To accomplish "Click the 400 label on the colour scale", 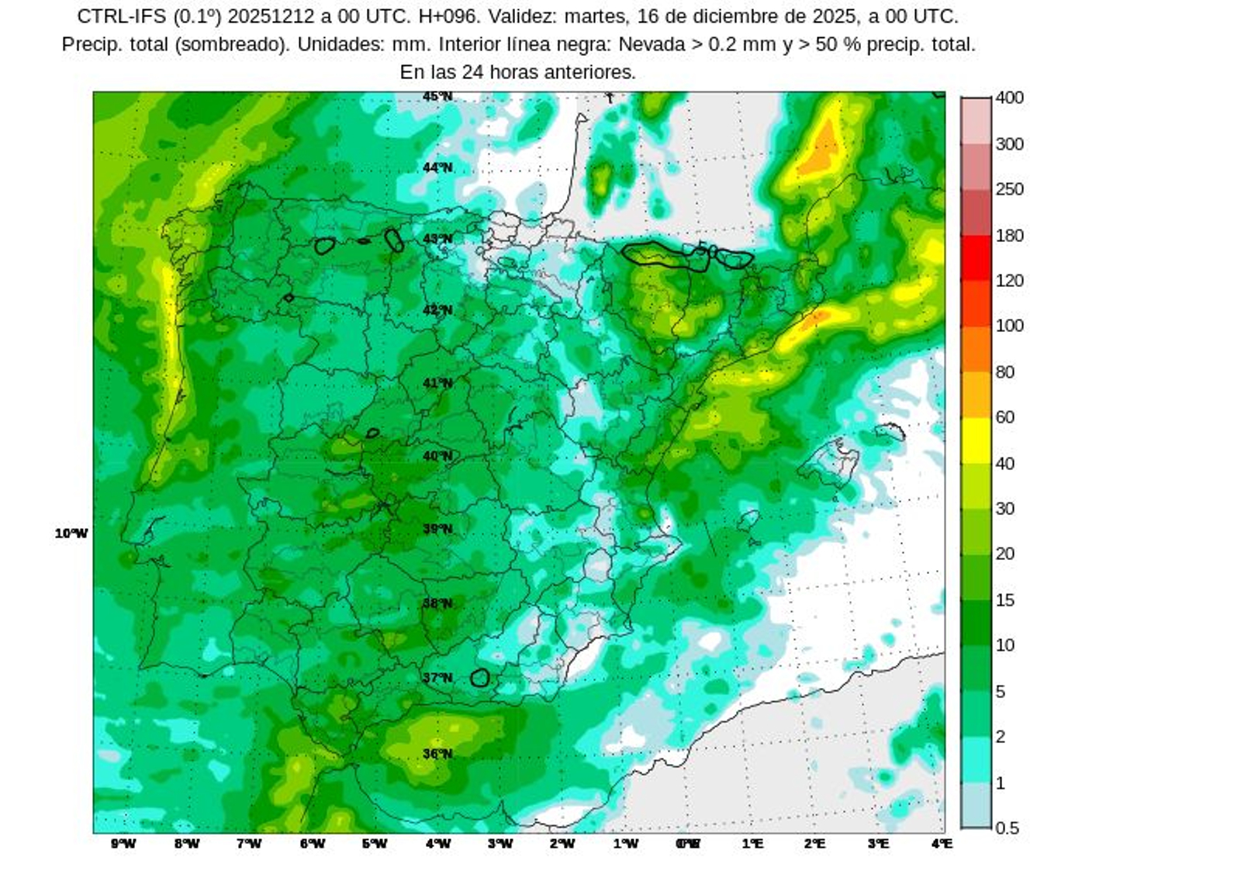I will pyautogui.click(x=1009, y=98).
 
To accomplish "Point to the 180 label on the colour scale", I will pyautogui.click(x=1009, y=235).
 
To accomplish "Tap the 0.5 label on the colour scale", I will pyautogui.click(x=1007, y=828).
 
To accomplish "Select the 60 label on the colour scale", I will pyautogui.click(x=1004, y=417).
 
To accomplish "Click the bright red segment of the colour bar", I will pyautogui.click(x=976, y=258).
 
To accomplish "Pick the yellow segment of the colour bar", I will pyautogui.click(x=976, y=440).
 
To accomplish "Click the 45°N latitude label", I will pyautogui.click(x=437, y=97).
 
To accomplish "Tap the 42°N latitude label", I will pyautogui.click(x=437, y=310).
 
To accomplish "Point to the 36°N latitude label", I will pyautogui.click(x=437, y=753).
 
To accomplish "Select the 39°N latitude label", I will pyautogui.click(x=437, y=529).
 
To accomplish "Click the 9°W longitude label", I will pyautogui.click(x=123, y=844).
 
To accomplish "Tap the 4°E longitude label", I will pyautogui.click(x=942, y=844).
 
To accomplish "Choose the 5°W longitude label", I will pyautogui.click(x=375, y=844).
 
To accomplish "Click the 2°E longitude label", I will pyautogui.click(x=814, y=844).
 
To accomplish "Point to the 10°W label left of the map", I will pyautogui.click(x=71, y=534).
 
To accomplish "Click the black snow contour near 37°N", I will pyautogui.click(x=480, y=678).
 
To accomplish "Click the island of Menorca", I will pyautogui.click(x=890, y=432).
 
